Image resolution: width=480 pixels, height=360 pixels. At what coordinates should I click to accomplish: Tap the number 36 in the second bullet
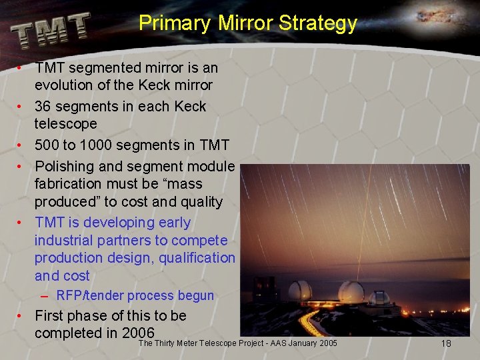pyautogui.click(x=43, y=107)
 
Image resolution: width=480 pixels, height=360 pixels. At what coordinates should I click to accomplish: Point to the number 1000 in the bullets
pyautogui.click(x=102, y=145)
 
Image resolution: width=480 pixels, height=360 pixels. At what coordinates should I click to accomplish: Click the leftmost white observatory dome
pyautogui.click(x=300, y=290)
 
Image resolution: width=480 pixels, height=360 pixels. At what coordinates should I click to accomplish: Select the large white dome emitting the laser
pyautogui.click(x=351, y=291)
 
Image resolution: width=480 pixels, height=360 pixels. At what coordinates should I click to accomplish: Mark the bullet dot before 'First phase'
pyautogui.click(x=21, y=315)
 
